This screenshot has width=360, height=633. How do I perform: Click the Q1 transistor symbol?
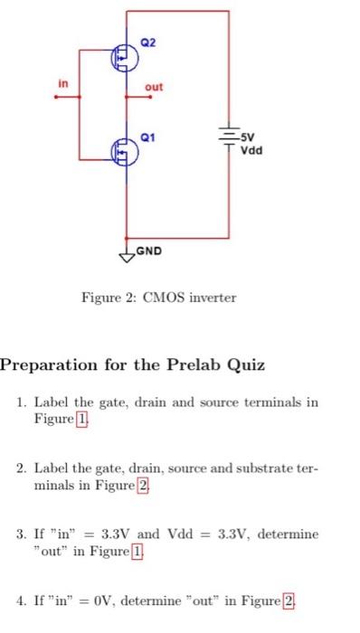point(122,149)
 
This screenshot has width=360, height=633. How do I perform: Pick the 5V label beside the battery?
point(247,141)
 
